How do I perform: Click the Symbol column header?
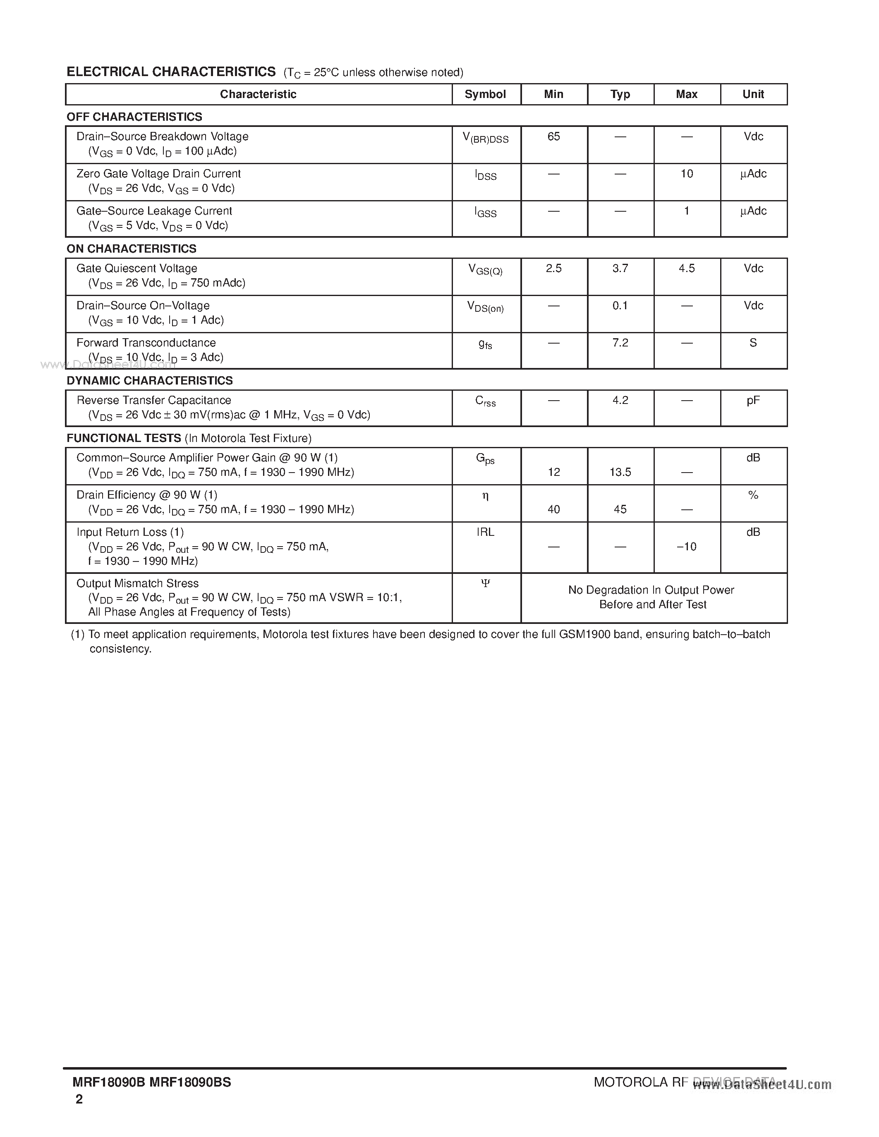485,94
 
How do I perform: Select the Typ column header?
620,94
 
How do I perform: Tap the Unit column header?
753,94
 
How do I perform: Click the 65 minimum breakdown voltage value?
553,136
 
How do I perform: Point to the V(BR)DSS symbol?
485,138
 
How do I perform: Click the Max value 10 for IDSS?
686,174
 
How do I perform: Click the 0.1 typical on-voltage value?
620,306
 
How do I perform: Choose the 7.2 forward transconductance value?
620,343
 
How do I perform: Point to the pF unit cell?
753,400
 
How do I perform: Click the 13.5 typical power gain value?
620,472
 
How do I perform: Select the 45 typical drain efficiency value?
620,509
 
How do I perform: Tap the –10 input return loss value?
686,547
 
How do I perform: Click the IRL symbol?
485,532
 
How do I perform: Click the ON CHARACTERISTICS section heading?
131,249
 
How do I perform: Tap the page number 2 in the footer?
79,1099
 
